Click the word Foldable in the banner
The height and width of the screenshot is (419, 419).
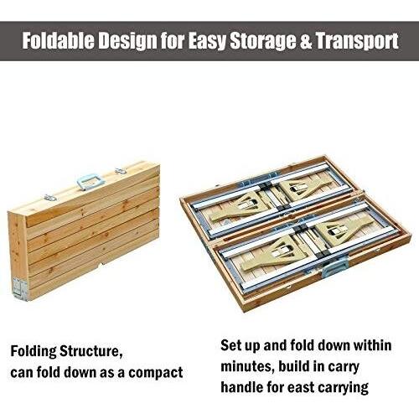click(x=58, y=41)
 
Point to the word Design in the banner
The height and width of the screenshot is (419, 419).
click(x=127, y=42)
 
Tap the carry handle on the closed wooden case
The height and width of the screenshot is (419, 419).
click(x=91, y=181)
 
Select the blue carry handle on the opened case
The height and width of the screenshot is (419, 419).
click(x=336, y=267)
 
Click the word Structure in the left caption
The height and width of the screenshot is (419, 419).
click(x=91, y=352)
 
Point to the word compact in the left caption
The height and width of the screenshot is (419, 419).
click(x=156, y=373)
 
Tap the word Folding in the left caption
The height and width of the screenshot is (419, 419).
click(x=34, y=352)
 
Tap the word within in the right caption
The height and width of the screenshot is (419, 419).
click(x=373, y=345)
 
